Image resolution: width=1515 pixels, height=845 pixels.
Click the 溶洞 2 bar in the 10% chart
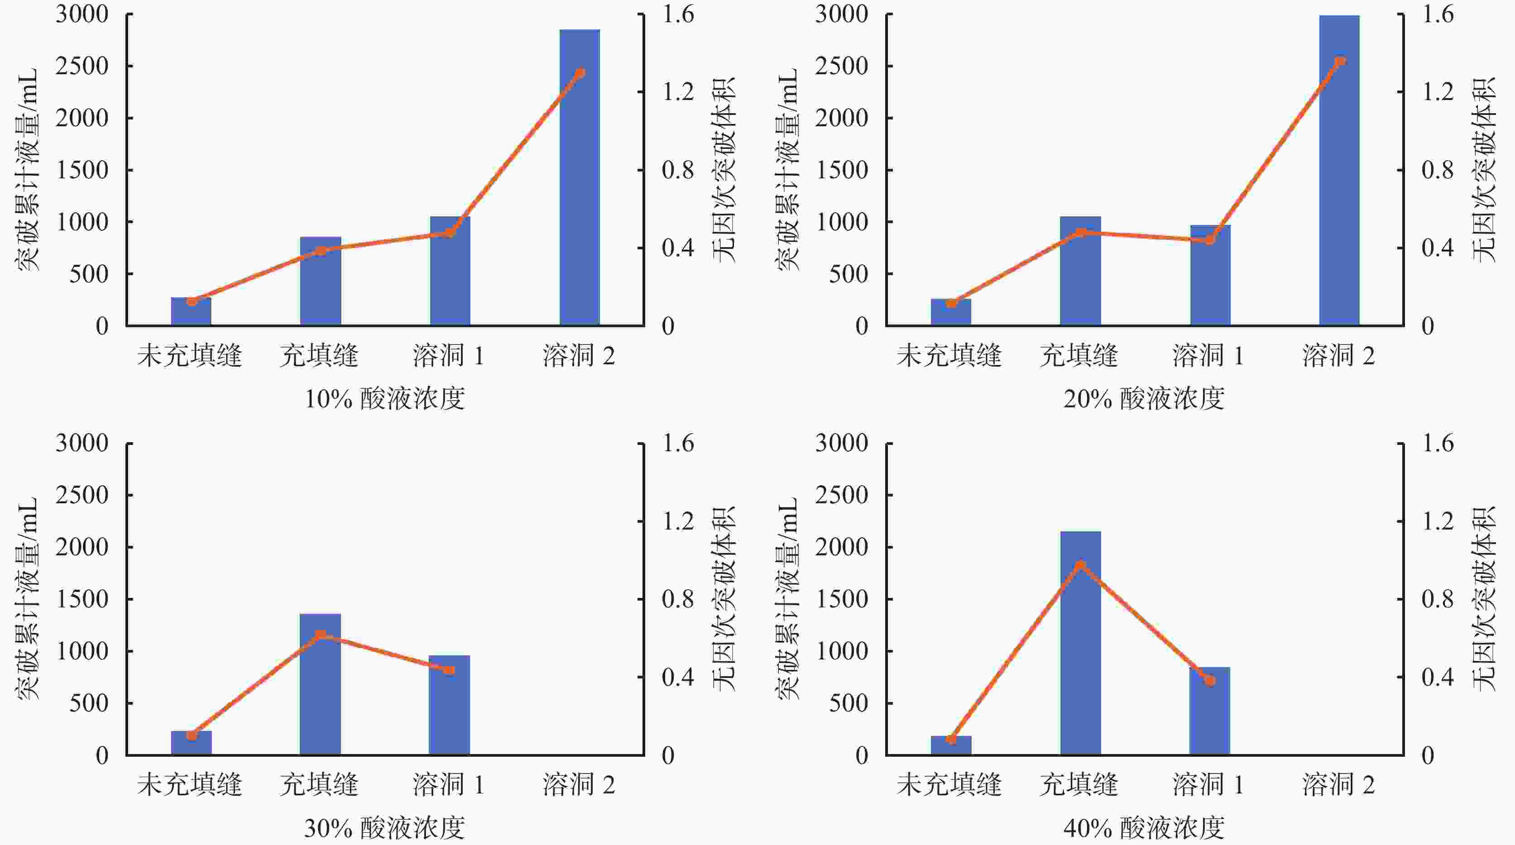579,177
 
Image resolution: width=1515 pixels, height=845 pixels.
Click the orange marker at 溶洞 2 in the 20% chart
1340,61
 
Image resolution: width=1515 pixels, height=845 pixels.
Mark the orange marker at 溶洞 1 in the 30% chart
449,670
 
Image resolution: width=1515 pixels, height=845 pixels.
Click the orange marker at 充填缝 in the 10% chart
321,250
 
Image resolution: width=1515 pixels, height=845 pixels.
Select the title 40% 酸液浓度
1144,828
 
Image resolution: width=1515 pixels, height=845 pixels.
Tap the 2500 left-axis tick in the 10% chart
82,66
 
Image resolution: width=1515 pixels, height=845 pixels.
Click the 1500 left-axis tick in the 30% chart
82,599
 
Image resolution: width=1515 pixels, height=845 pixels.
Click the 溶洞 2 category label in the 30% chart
579,784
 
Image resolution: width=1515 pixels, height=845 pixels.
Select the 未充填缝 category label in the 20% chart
949,355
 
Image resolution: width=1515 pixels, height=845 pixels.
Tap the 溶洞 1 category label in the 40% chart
1208,784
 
